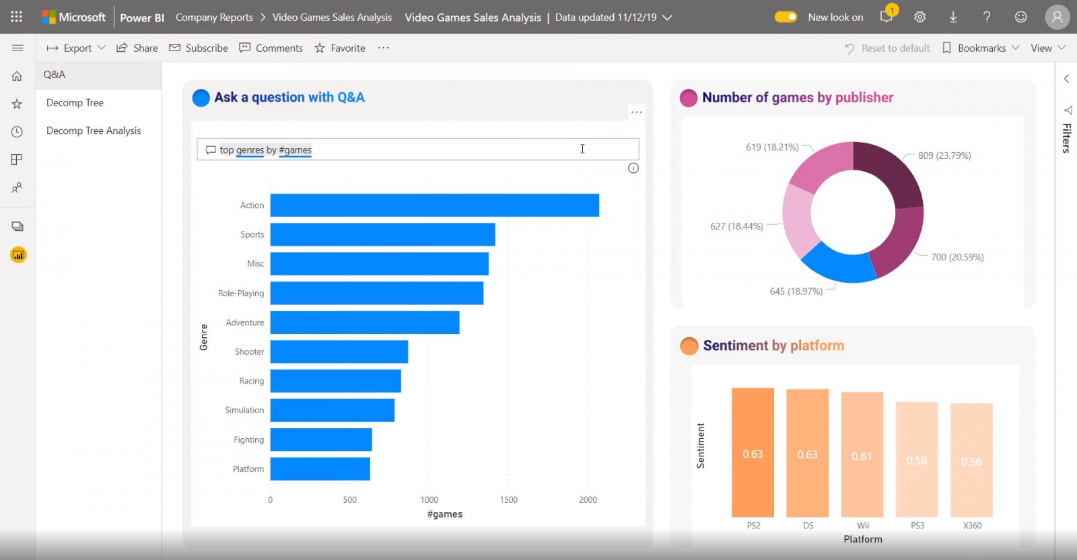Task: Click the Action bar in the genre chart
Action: (434, 205)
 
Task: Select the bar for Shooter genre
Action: (339, 351)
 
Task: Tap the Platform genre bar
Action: (320, 468)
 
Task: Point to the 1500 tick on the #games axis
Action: (508, 499)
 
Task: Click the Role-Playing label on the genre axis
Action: (241, 293)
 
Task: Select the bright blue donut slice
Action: (837, 265)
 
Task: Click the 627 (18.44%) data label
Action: (736, 226)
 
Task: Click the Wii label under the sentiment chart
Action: (863, 526)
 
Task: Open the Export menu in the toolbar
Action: (76, 48)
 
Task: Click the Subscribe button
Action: (199, 48)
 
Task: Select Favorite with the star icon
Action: (340, 48)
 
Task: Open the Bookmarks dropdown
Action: (981, 48)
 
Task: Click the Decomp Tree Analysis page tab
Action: (94, 131)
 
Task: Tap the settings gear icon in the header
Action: (919, 17)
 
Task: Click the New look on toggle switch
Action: (786, 17)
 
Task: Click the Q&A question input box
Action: (417, 149)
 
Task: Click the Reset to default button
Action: (887, 48)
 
